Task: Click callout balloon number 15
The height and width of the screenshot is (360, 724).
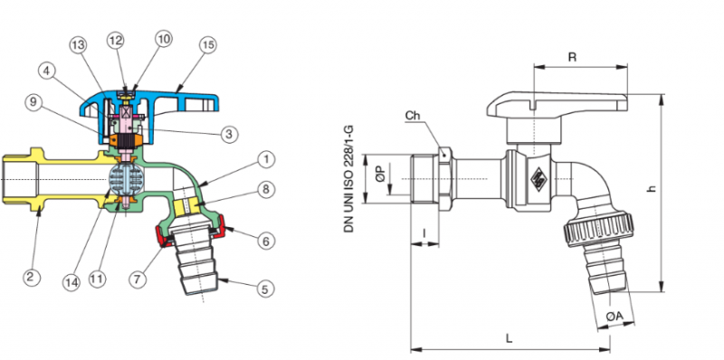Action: pyautogui.click(x=208, y=45)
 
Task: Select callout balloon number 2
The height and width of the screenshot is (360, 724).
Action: pyautogui.click(x=31, y=277)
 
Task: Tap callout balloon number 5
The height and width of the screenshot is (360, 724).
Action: pyautogui.click(x=264, y=289)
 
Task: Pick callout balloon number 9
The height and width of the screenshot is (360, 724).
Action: pyautogui.click(x=33, y=102)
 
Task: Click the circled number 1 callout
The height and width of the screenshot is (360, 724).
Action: pyautogui.click(x=266, y=161)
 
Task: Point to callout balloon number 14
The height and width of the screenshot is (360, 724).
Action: pyautogui.click(x=71, y=282)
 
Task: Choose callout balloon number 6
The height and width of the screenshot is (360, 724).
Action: pyautogui.click(x=266, y=241)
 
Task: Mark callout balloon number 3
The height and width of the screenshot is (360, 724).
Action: pyautogui.click(x=229, y=134)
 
